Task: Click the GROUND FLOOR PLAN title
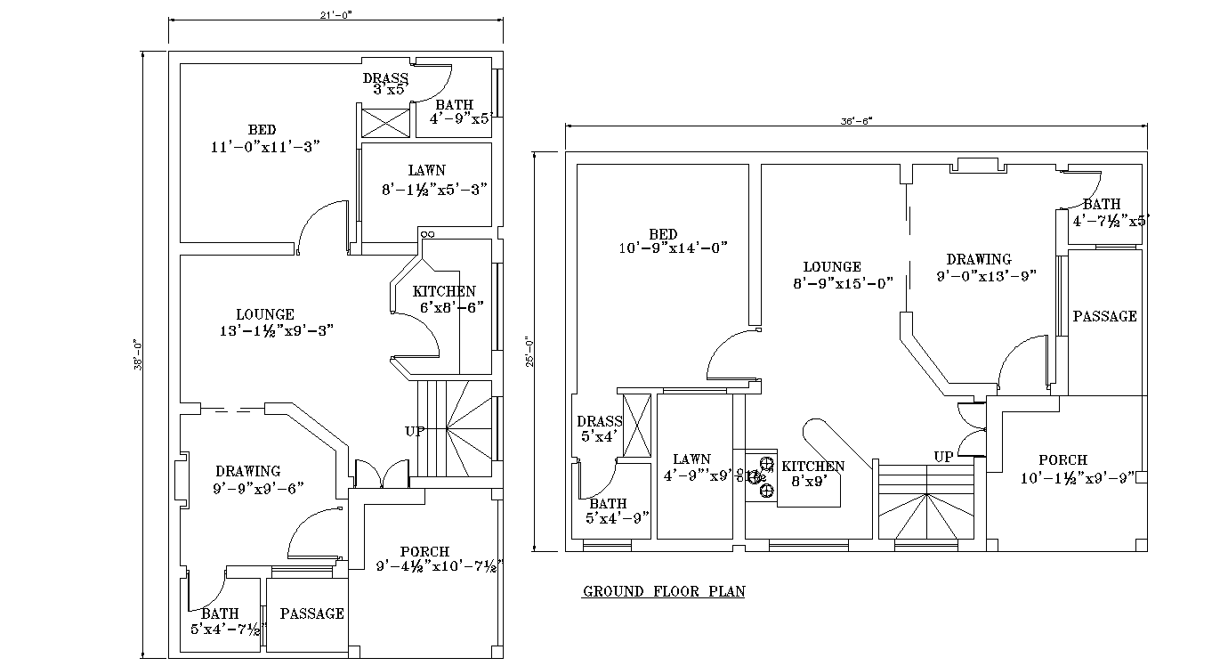coord(663,591)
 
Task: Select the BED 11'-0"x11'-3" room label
coord(264,139)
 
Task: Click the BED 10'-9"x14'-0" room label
coord(673,241)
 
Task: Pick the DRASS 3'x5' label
coord(385,83)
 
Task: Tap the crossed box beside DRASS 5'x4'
coord(637,426)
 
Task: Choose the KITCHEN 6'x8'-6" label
coord(444,299)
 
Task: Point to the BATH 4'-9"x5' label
coord(456,111)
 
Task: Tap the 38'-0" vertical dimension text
coord(136,353)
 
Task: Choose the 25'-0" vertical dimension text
coord(528,353)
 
